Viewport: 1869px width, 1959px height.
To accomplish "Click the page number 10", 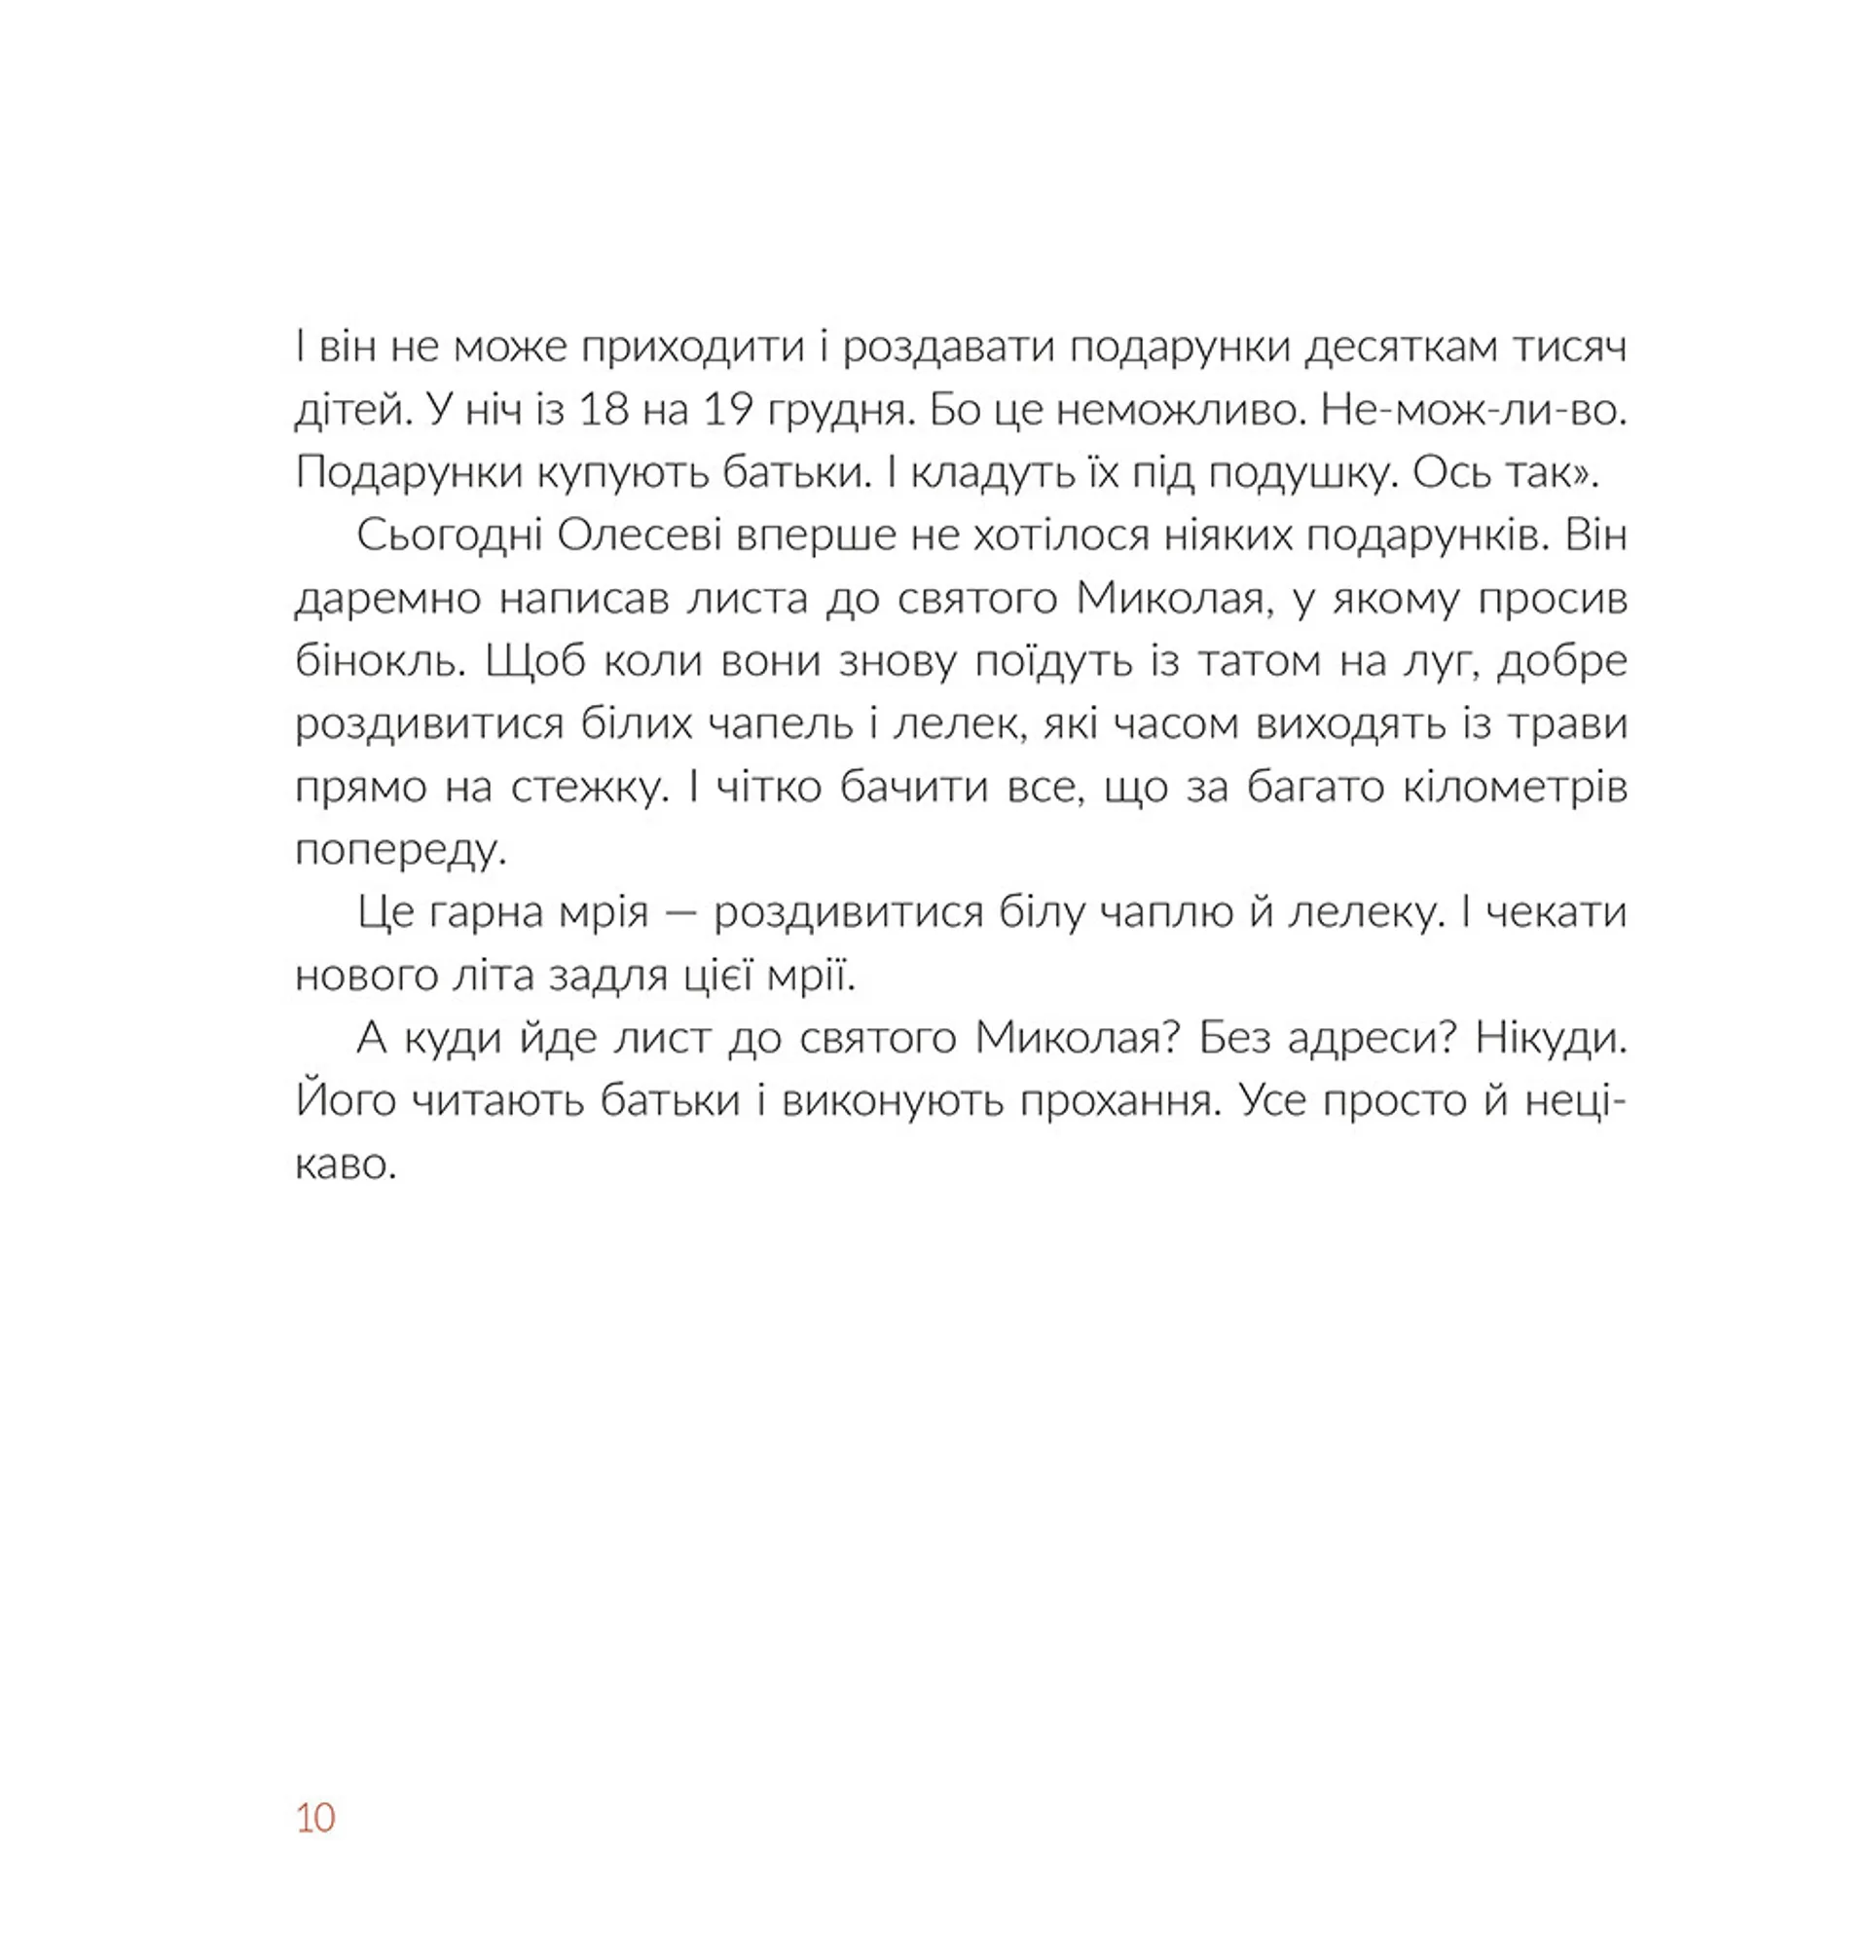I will tap(314, 1818).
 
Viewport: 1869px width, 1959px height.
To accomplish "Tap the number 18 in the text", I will tap(605, 410).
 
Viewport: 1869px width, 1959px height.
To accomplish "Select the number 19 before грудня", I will tap(728, 410).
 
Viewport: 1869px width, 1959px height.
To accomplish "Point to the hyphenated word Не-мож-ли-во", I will tap(1474, 410).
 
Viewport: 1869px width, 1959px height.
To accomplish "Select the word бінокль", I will tap(381, 661).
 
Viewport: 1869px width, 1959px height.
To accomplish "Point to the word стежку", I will tap(589, 787).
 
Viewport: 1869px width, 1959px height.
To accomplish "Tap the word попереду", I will tap(400, 850).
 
